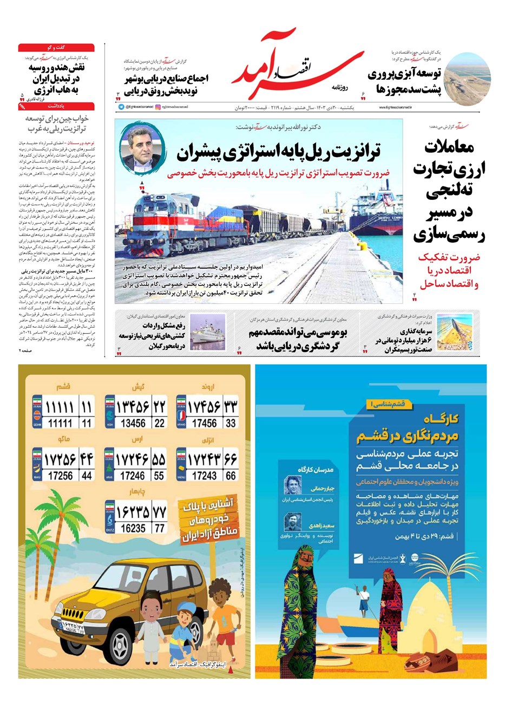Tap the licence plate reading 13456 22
pyautogui.click(x=135, y=412)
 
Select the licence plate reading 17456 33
pyautogui.click(x=207, y=412)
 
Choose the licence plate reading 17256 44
pyautogui.click(x=62, y=465)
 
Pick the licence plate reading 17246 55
pyautogui.click(x=135, y=465)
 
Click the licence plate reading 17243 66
pyautogui.click(x=207, y=465)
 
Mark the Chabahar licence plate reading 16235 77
pyautogui.click(x=135, y=518)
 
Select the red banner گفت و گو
pyautogui.click(x=56, y=48)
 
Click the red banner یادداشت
pyautogui.click(x=56, y=107)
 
